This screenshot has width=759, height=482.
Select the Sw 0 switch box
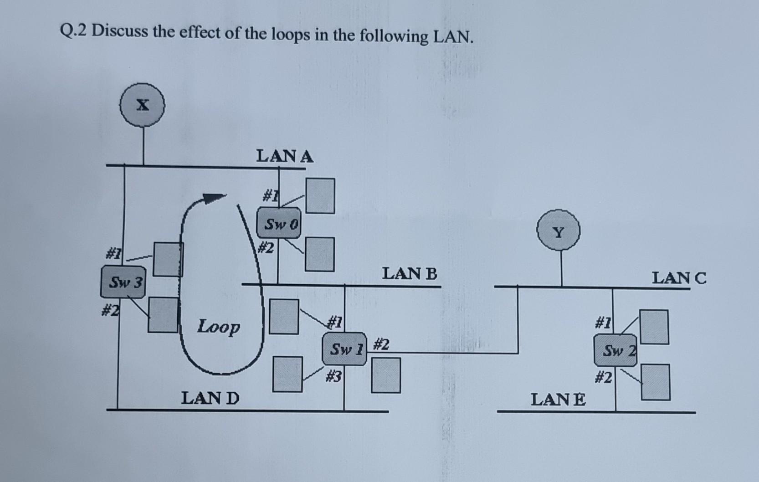279,224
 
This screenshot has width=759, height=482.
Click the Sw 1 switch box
345,349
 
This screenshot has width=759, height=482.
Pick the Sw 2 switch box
615,350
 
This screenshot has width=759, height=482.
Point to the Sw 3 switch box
123,282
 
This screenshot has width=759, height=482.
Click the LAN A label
285,157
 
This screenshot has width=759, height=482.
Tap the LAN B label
410,274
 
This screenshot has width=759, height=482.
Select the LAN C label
679,277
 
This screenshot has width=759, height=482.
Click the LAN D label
210,399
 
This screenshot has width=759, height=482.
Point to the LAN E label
559,400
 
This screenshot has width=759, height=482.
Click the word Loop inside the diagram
219,327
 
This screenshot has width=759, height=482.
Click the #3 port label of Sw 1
334,376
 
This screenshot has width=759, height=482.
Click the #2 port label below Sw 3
110,311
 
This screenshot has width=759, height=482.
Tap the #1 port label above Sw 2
603,324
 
